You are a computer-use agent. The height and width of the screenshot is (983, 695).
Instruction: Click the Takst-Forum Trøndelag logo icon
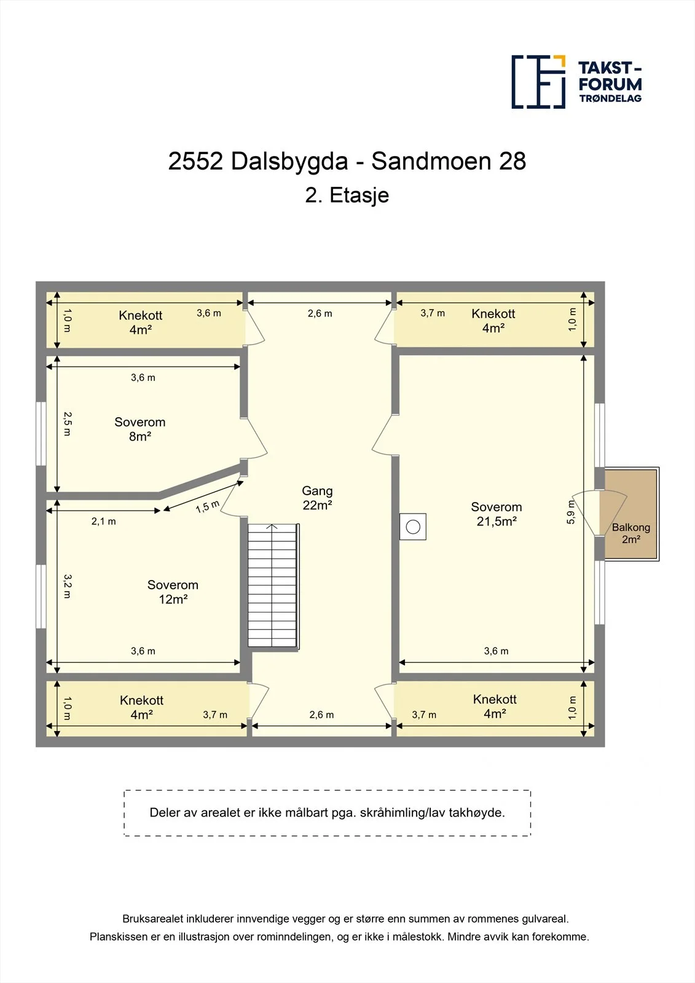tap(538, 82)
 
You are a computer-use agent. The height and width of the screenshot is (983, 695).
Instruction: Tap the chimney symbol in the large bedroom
tap(413, 527)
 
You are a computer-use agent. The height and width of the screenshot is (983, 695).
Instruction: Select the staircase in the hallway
tap(273, 585)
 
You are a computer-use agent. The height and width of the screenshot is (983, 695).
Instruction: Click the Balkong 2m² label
tap(631, 533)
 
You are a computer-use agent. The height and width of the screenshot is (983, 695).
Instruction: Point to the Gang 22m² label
tap(317, 498)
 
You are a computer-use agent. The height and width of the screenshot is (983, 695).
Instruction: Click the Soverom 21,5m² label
tap(497, 514)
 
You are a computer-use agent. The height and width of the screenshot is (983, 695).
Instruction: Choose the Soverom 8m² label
tap(140, 429)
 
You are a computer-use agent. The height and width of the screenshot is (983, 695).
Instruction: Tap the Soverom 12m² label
tap(173, 592)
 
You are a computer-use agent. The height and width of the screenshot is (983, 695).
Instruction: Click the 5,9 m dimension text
tap(570, 512)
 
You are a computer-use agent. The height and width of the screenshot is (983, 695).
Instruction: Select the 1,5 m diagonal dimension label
tap(208, 507)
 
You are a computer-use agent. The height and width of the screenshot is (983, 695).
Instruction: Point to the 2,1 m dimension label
tap(104, 522)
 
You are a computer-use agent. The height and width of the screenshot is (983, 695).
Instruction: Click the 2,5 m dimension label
tap(67, 423)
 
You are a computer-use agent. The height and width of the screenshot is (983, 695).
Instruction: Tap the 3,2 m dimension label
tap(67, 586)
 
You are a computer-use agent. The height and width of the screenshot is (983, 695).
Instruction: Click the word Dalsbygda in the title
tap(289, 161)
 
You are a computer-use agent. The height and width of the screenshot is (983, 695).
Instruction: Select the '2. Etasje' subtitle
tap(347, 195)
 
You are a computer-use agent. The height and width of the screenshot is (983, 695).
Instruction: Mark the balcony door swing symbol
tap(599, 513)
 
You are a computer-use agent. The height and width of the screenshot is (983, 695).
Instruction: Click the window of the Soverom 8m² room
tap(41, 434)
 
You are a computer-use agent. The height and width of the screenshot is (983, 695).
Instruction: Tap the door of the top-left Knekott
tap(254, 327)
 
